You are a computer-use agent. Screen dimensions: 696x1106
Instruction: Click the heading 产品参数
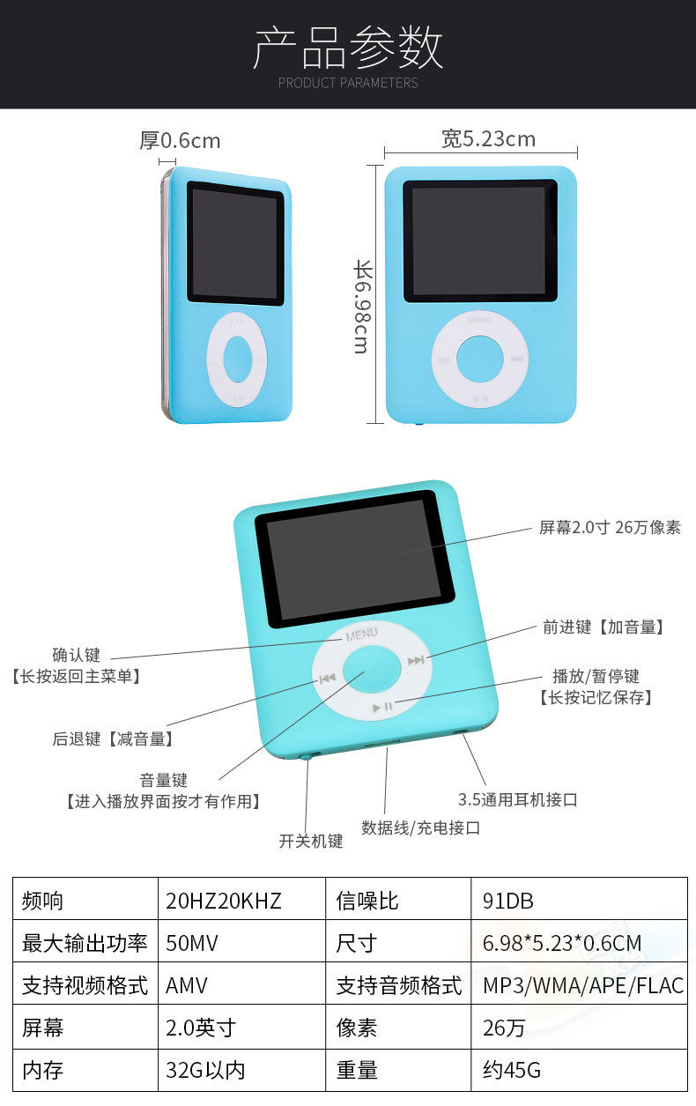tap(348, 48)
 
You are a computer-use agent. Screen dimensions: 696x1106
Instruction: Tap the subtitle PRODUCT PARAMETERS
tap(348, 83)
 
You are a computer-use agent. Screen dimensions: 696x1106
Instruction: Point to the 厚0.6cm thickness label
tap(180, 141)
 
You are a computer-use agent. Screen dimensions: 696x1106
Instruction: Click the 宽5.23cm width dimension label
tap(488, 138)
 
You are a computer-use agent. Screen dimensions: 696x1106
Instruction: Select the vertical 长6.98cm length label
tap(362, 307)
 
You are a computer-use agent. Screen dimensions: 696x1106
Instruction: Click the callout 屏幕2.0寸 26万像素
tap(610, 528)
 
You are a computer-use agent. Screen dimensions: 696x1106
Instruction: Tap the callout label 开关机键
tap(311, 841)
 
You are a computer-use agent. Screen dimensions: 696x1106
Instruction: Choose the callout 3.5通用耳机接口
tap(517, 800)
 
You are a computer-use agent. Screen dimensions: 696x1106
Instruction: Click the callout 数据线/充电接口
tap(420, 828)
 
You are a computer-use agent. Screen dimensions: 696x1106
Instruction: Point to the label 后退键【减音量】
tap(113, 739)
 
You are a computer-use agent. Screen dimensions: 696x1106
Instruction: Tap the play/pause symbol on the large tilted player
tap(383, 706)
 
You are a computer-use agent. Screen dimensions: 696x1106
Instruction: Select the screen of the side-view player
tap(234, 242)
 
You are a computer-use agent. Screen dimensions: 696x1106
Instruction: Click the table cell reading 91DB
tap(508, 901)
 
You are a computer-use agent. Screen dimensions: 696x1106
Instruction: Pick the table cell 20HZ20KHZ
tap(224, 901)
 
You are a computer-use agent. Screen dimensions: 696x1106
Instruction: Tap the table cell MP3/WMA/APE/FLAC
tap(582, 985)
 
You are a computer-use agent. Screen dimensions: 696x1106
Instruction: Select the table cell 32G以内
tap(205, 1071)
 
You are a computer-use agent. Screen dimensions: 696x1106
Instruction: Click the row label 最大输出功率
tap(85, 943)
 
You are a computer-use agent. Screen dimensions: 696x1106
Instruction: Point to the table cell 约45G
tap(512, 1071)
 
